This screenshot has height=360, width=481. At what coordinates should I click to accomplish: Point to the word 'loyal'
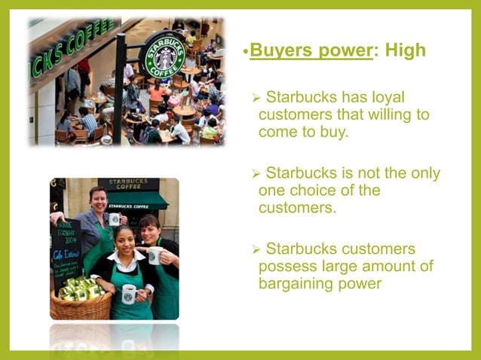406,97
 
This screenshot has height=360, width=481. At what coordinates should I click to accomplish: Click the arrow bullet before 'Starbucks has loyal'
256,98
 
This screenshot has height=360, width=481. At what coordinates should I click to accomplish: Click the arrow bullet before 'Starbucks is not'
256,173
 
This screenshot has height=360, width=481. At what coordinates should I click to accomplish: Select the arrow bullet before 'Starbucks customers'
256,249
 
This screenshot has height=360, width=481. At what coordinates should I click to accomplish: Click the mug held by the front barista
128,292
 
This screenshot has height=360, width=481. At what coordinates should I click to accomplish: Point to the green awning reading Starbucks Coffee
136,203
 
